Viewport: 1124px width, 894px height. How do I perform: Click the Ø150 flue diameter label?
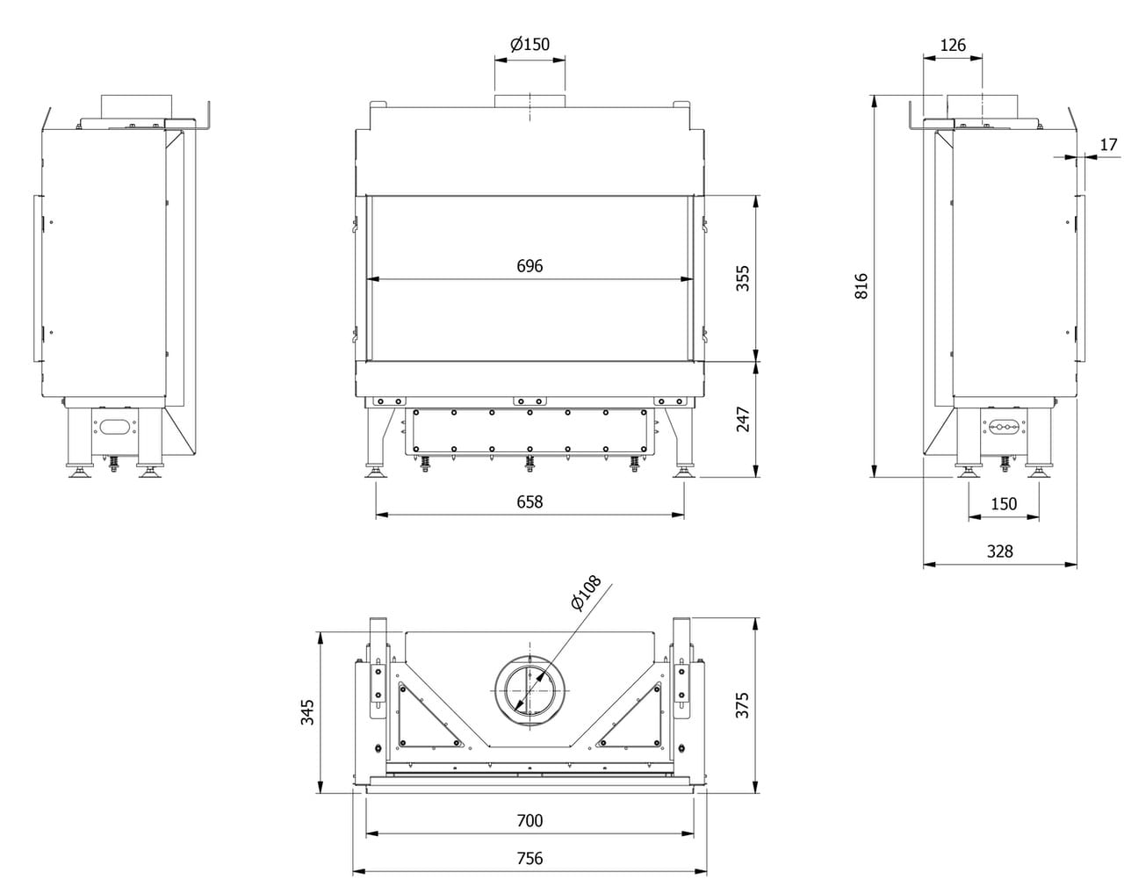pyautogui.click(x=530, y=44)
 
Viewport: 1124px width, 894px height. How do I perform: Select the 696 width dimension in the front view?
pyautogui.click(x=530, y=265)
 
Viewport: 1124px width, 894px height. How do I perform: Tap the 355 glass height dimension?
pyautogui.click(x=743, y=278)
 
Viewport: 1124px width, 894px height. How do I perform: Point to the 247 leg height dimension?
pyautogui.click(x=743, y=419)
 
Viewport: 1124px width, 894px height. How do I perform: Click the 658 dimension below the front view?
pyautogui.click(x=530, y=501)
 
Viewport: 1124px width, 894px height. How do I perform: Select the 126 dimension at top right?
pyautogui.click(x=953, y=44)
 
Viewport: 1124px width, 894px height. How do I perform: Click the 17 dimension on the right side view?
pyautogui.click(x=1108, y=144)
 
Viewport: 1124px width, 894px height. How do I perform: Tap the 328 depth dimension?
pyautogui.click(x=999, y=551)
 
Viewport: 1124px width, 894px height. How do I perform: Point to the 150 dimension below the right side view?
pyautogui.click(x=1003, y=503)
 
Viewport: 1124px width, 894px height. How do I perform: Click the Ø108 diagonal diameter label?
pyautogui.click(x=586, y=593)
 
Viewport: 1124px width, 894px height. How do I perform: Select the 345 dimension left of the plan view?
pyautogui.click(x=306, y=711)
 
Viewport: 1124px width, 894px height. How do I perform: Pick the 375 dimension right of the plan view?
pyautogui.click(x=743, y=705)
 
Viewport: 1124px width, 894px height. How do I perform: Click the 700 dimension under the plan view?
pyautogui.click(x=530, y=820)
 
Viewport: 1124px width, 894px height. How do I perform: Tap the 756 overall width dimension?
pyautogui.click(x=530, y=858)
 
